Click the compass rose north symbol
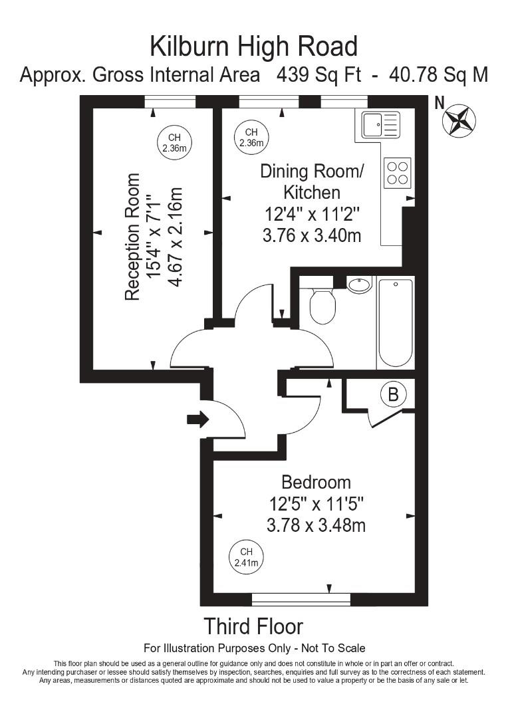pyautogui.click(x=459, y=120)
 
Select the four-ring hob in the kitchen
pyautogui.click(x=398, y=173)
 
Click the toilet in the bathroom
pyautogui.click(x=322, y=304)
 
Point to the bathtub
pyautogui.click(x=395, y=322)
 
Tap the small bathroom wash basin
pyautogui.click(x=359, y=285)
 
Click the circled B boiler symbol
pyautogui.click(x=393, y=394)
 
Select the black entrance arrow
pyautogui.click(x=197, y=419)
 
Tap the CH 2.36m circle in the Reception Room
pyautogui.click(x=174, y=143)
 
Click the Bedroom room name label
pyautogui.click(x=316, y=481)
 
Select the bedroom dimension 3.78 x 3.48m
pyautogui.click(x=316, y=525)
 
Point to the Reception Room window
pyautogui.click(x=170, y=102)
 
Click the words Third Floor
pyautogui.click(x=253, y=626)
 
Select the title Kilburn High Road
pyautogui.click(x=253, y=47)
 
